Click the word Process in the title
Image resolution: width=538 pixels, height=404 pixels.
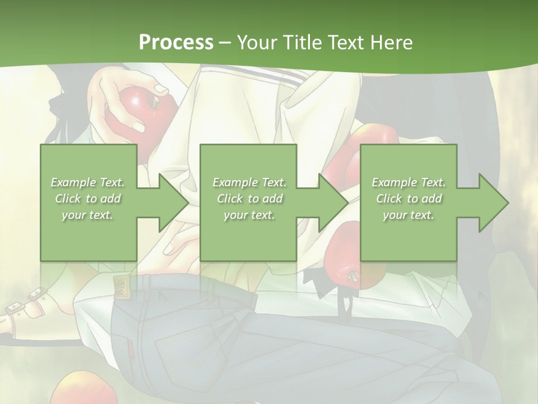[x=176, y=42]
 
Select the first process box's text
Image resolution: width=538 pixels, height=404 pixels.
[x=88, y=199]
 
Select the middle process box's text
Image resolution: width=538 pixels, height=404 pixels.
[x=249, y=199]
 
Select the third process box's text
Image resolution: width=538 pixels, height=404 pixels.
[x=409, y=199]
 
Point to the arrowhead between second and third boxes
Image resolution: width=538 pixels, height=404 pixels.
[x=333, y=203]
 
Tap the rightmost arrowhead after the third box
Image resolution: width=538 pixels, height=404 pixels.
[x=493, y=203]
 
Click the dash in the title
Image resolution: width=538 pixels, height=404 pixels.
[x=225, y=42]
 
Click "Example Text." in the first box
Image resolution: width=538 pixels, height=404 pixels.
[x=88, y=182]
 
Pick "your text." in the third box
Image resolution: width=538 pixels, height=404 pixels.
[x=409, y=215]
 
